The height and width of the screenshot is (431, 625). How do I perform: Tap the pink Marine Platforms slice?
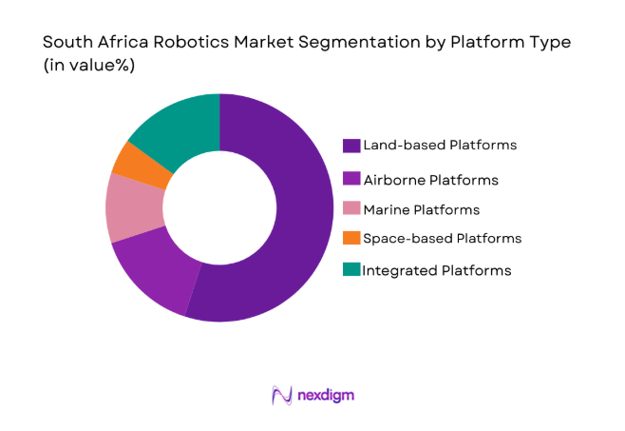(133, 207)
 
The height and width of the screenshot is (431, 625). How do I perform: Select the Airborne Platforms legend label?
(429, 179)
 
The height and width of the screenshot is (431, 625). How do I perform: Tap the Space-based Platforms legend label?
(441, 238)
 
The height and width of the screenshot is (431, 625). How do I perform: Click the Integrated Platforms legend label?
(436, 270)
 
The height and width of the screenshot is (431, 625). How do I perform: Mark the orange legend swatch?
(350, 238)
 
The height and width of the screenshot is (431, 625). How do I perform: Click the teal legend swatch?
(350, 270)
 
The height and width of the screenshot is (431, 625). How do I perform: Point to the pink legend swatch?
(350, 209)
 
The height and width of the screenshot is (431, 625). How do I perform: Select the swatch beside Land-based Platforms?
(350, 146)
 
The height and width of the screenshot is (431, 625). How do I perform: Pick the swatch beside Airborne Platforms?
(350, 179)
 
